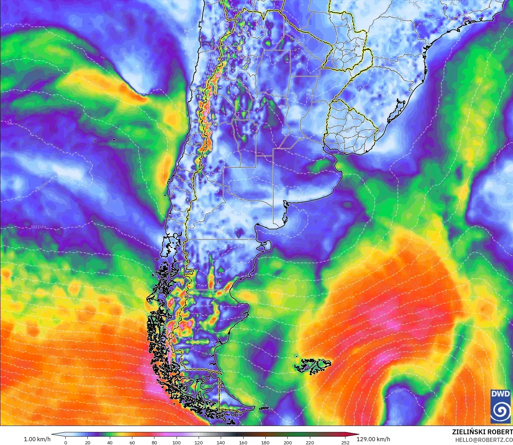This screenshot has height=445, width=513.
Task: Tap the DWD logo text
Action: [x=500, y=394]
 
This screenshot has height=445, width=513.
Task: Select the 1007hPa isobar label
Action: [x=377, y=307]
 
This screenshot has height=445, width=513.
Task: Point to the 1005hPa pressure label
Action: [x=355, y=326]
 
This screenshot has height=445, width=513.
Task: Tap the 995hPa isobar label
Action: [x=408, y=345]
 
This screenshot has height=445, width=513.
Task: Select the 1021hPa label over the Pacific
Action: [x=38, y=227]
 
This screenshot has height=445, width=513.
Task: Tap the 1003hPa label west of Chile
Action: [x=121, y=353]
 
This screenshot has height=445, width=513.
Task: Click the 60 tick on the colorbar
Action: [x=132, y=442]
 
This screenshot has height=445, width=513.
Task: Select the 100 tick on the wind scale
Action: [x=176, y=442]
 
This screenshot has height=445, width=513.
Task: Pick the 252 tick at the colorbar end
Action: [x=345, y=442]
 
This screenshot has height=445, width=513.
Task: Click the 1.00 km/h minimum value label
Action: [x=37, y=439]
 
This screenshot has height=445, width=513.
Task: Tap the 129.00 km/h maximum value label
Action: [x=373, y=439]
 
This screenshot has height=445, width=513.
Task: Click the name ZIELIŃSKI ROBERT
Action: [x=482, y=432]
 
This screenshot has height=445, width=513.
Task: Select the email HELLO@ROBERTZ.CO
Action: [x=484, y=440]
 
